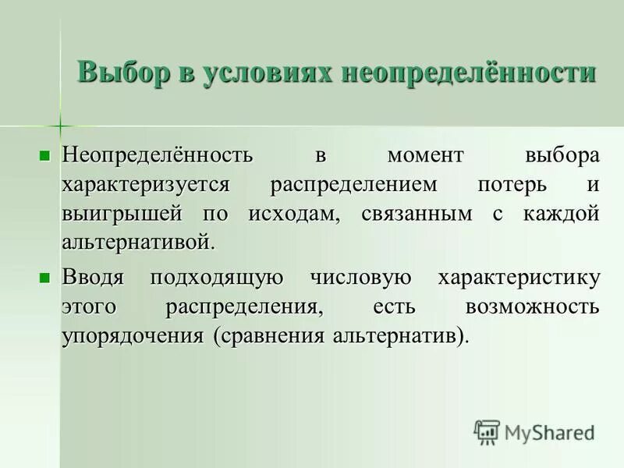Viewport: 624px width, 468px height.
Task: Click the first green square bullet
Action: point(45,154)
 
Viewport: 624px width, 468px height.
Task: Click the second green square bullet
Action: point(45,276)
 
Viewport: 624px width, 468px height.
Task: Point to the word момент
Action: point(424,154)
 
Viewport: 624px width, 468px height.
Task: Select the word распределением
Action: point(355,185)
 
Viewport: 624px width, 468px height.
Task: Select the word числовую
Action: point(360,277)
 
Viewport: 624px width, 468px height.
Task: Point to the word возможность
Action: point(532,307)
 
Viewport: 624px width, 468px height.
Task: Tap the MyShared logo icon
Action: point(487,431)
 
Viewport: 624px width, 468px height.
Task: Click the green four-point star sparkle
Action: point(59,124)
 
